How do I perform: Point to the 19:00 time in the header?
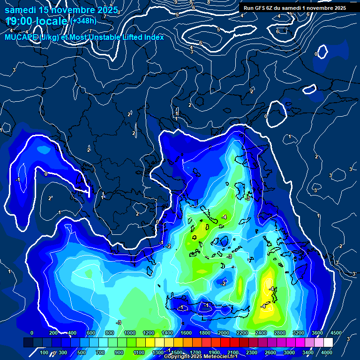(21, 21)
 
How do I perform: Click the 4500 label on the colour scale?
(336, 333)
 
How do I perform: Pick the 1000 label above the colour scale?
(130, 333)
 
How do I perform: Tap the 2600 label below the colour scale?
(270, 352)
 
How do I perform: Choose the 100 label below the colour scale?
(45, 352)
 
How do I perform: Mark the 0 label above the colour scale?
(32, 333)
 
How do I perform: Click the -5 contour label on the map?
(247, 198)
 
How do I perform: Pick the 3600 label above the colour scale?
(317, 333)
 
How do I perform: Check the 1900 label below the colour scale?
(214, 352)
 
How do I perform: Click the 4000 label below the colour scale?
(327, 352)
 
